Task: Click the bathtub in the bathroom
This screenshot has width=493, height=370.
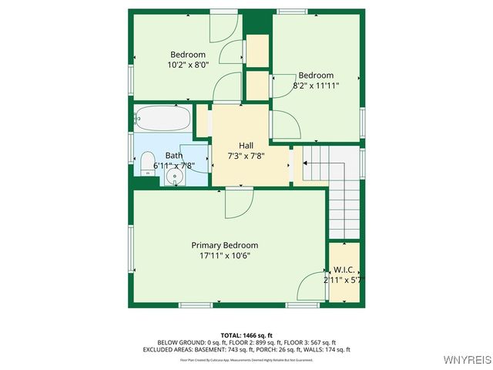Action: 162,119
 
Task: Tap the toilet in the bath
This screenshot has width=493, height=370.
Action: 146,160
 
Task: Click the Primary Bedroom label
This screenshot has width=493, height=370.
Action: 225,245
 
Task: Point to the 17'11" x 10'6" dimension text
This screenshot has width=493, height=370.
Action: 225,255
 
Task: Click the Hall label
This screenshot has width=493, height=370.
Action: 246,145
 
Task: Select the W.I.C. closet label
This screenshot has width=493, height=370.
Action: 344,270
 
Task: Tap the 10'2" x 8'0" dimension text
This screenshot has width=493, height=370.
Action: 187,65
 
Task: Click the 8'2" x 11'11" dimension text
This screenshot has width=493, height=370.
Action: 316,86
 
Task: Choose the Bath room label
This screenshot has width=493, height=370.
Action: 173,155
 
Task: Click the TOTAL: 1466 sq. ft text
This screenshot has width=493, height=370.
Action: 246,335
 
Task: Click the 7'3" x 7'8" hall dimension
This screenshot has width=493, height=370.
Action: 246,155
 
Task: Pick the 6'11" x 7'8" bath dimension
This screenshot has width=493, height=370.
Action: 173,165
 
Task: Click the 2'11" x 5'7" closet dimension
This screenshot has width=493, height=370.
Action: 344,280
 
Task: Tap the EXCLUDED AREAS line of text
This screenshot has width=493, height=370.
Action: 246,349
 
